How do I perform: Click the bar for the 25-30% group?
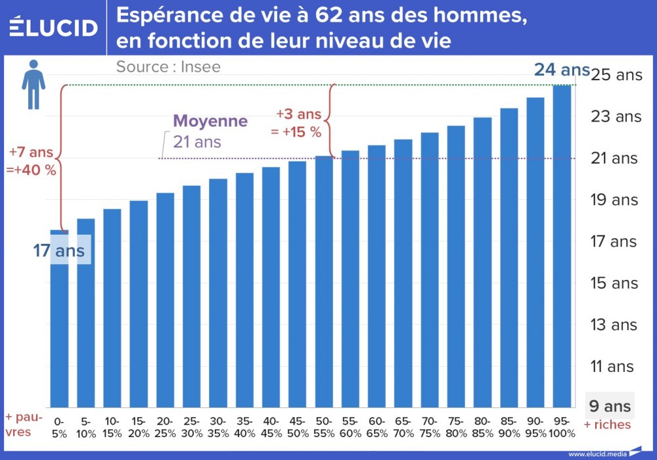coord(192,296)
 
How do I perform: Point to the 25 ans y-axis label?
coord(617,75)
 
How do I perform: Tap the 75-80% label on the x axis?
coord(456,426)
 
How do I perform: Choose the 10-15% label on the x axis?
coord(112,426)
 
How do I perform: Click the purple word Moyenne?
coord(210,122)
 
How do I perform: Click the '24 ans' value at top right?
coord(562,69)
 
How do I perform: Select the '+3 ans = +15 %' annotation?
coord(298,122)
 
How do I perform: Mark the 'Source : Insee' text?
coord(168,66)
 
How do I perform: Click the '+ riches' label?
coord(607,425)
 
